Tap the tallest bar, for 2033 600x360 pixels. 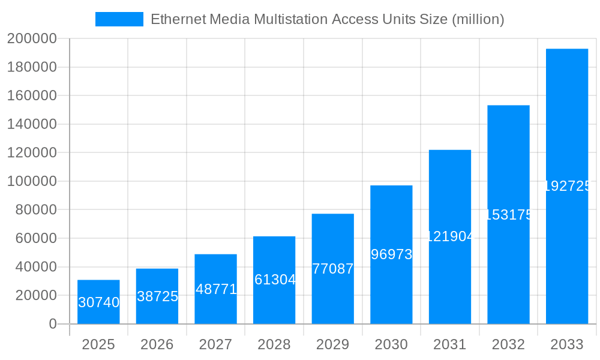[567, 120]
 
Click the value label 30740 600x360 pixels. [99, 302]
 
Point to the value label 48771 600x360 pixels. [216, 289]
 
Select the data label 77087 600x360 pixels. [333, 269]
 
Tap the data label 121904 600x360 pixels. [450, 236]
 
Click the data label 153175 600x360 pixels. [508, 215]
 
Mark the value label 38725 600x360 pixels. [157, 296]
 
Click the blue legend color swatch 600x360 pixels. [119, 19]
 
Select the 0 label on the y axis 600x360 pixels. [53, 324]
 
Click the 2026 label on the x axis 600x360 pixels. [157, 344]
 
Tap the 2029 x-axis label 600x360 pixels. [333, 344]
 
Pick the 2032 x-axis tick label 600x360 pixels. [508, 344]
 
